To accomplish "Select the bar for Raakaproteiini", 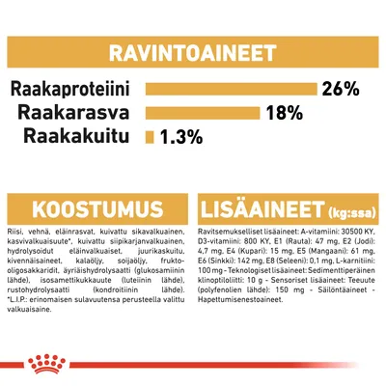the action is [x=232, y=90].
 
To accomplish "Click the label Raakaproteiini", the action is [x=73, y=90].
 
